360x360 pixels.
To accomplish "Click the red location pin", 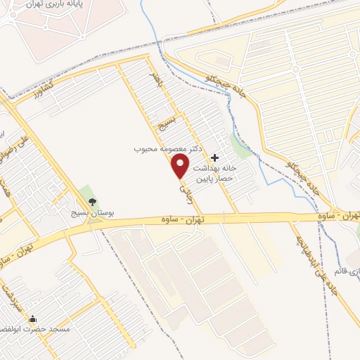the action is coord(181,166).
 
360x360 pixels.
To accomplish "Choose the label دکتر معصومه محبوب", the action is coord(169,150).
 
